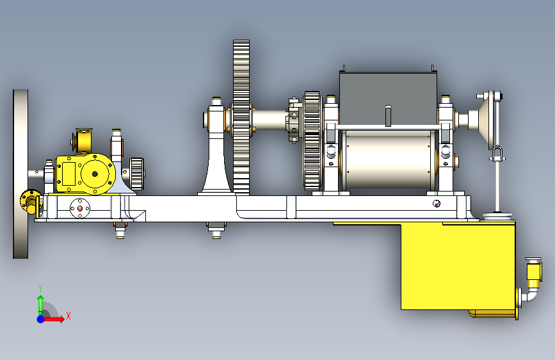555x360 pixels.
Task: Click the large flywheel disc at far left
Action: click(20, 174)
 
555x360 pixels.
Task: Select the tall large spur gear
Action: click(241, 117)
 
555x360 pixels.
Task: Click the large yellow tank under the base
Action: click(458, 266)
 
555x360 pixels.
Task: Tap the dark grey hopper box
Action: click(389, 98)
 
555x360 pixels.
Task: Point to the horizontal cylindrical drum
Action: click(389, 160)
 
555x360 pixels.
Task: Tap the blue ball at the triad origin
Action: click(41, 319)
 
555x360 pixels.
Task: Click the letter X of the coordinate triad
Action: click(68, 316)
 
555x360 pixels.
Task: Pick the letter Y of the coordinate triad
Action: click(40, 288)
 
